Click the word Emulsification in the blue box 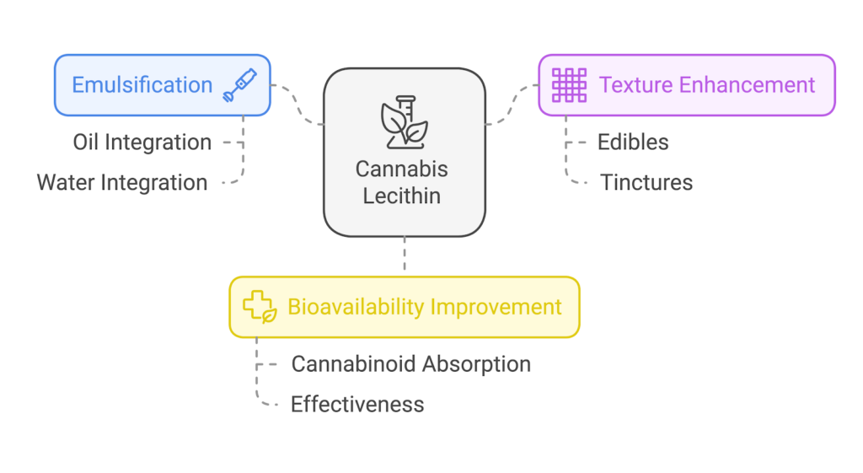coord(142,85)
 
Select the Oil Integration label coord(142,142)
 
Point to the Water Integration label coord(122,182)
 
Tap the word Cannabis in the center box coord(402,169)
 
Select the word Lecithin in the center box coord(402,196)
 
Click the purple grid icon coord(569,85)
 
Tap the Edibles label coord(633,142)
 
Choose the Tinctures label coord(646,182)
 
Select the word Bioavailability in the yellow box coord(356,307)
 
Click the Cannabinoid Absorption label coord(410,364)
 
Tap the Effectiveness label coord(357,405)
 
